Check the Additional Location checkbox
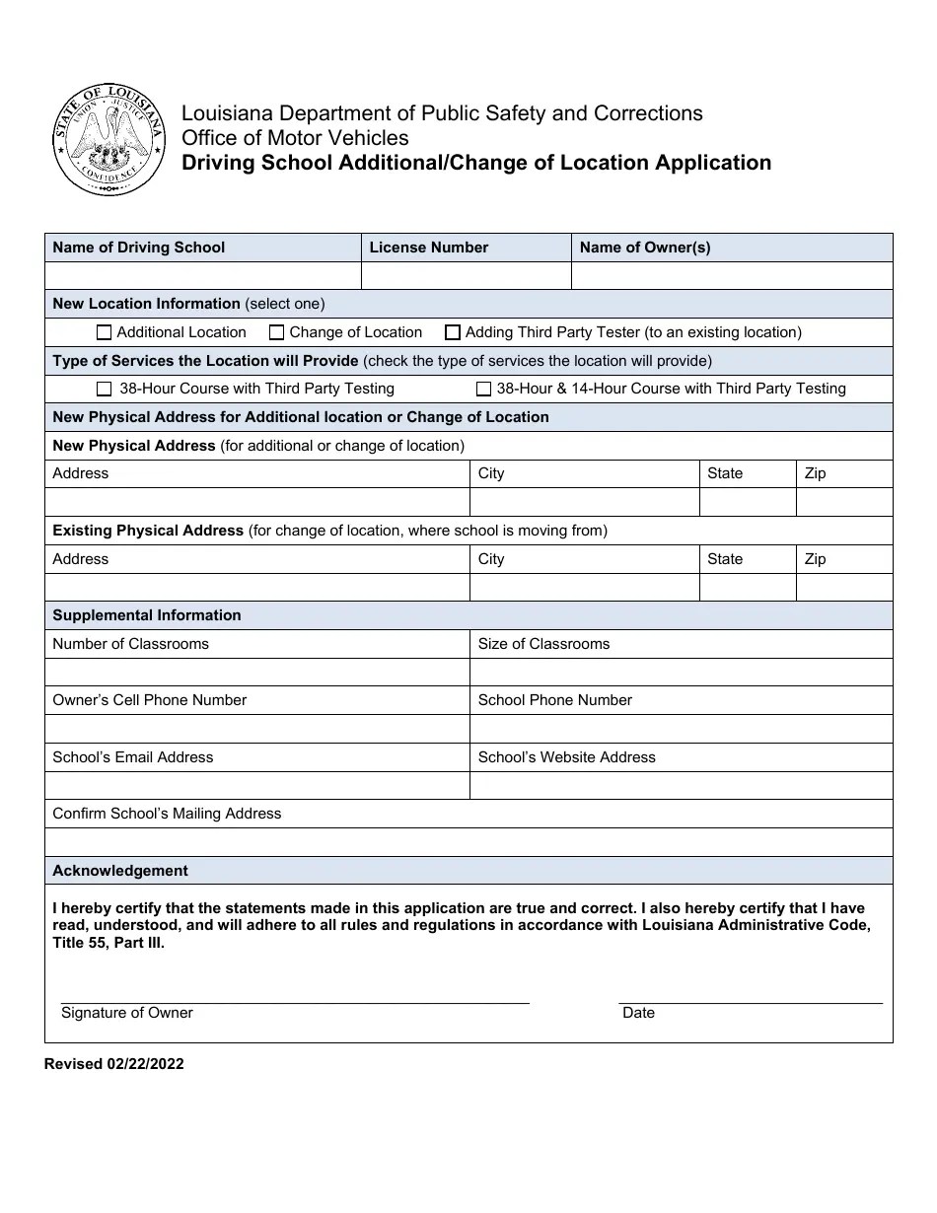(105, 333)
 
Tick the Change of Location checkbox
(277, 333)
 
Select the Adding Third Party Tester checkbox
(453, 333)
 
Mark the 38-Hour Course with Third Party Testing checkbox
(105, 390)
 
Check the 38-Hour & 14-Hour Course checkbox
(483, 390)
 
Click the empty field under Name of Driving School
(202, 276)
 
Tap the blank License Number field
(467, 276)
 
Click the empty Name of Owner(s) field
(732, 276)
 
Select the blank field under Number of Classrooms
(256, 673)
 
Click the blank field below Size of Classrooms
(681, 673)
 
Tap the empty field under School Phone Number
(681, 729)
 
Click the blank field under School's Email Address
(256, 786)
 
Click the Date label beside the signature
(638, 1013)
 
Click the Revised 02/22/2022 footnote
(113, 1064)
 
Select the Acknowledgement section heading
(120, 871)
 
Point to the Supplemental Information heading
(147, 615)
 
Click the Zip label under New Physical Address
(815, 473)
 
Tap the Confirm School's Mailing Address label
(167, 814)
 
